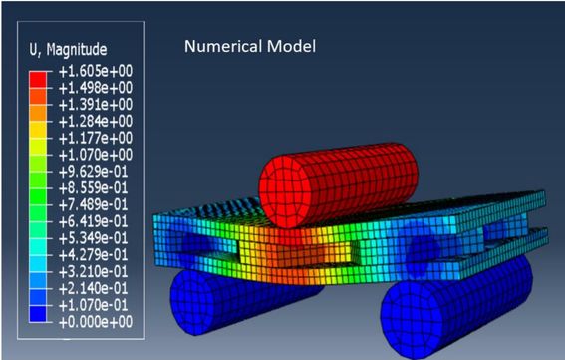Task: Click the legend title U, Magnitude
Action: [x=68, y=49]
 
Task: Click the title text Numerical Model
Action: [x=250, y=47]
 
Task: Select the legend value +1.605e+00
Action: [x=96, y=71]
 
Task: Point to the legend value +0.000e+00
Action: [x=96, y=322]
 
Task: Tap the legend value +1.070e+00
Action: [x=96, y=155]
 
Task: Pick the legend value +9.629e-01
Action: [x=94, y=172]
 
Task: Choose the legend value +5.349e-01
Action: [x=94, y=238]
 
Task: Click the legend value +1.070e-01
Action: [x=94, y=305]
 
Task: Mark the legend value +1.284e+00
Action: [x=96, y=122]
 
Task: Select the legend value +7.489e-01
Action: [x=94, y=204]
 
